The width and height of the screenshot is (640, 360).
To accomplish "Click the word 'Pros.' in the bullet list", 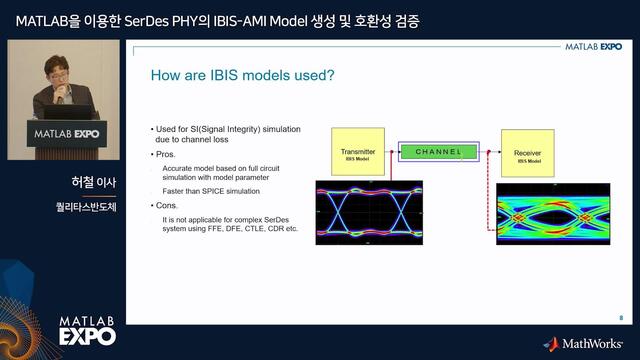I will point(165,155).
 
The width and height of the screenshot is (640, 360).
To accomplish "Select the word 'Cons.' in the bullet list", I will point(166,204).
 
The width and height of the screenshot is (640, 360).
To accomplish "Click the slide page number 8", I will point(620,317).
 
